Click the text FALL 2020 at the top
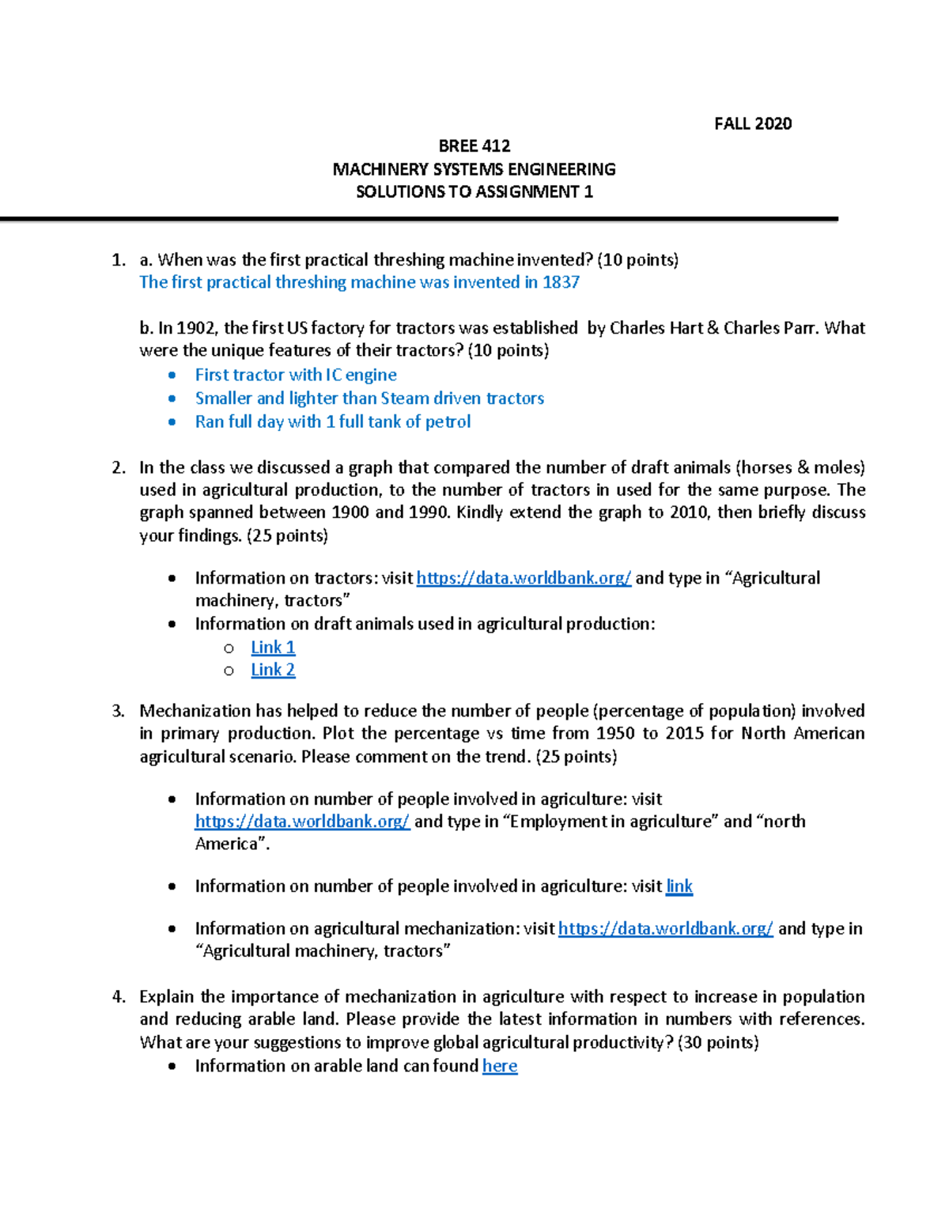click(x=752, y=123)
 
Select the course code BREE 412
click(x=474, y=146)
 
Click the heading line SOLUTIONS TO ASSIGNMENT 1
click(x=474, y=192)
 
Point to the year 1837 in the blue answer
click(x=561, y=282)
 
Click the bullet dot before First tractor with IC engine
click(x=172, y=376)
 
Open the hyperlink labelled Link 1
click(x=273, y=648)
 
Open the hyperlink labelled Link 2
click(x=273, y=671)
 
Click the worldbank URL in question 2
click(x=524, y=579)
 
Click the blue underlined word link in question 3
click(x=679, y=886)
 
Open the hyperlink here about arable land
click(x=500, y=1067)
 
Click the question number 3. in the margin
click(x=118, y=711)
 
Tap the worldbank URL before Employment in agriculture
click(x=302, y=822)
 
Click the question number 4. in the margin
click(x=118, y=997)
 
